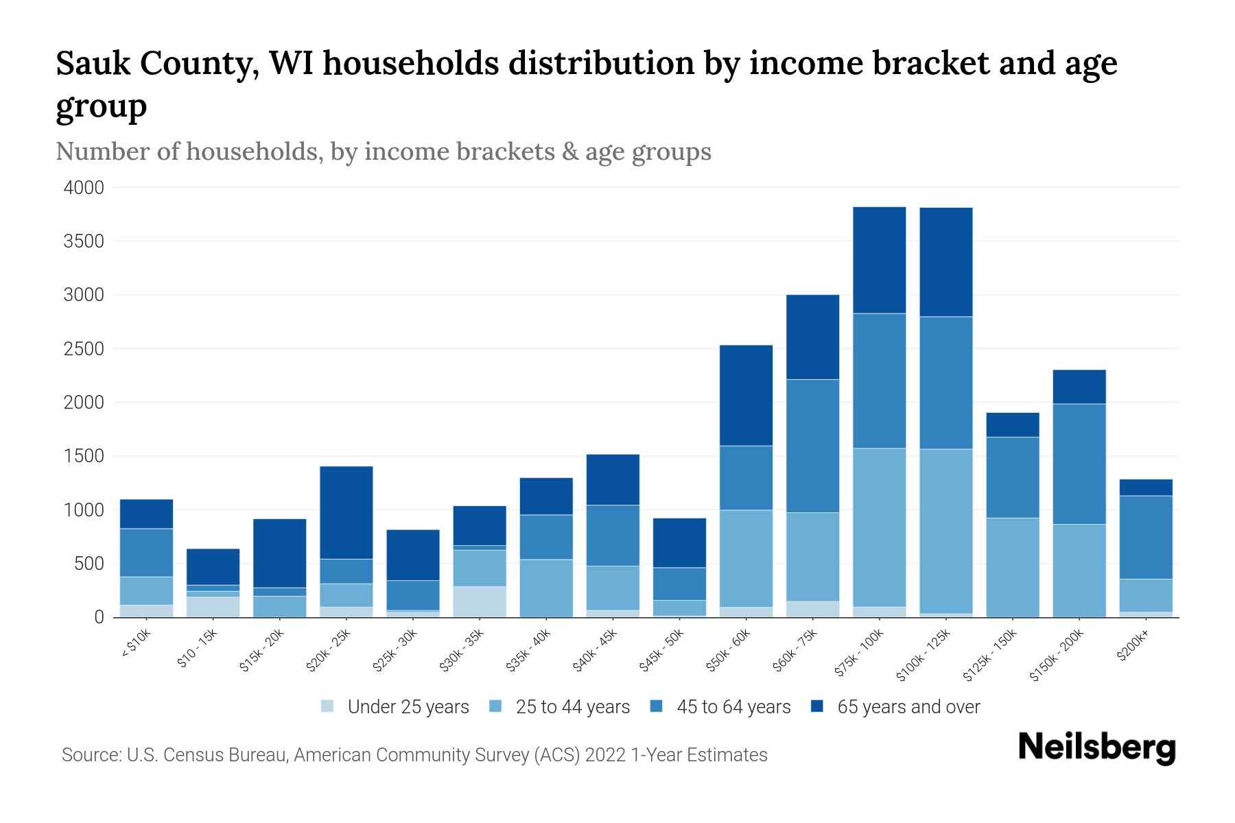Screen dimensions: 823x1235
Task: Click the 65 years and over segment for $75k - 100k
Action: coord(879,260)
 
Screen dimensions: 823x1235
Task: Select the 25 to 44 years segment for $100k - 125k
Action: coord(945,531)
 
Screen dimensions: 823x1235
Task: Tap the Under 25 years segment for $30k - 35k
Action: coord(480,601)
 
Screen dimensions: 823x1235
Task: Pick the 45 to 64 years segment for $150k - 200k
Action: coord(1079,464)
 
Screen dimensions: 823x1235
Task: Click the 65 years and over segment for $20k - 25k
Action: coord(346,512)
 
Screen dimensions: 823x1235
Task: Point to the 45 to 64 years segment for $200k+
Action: coord(1146,537)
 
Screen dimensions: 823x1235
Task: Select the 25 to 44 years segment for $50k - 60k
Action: coord(746,558)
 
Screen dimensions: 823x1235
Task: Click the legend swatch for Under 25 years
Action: coord(328,706)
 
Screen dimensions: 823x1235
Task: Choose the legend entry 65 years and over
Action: coord(908,706)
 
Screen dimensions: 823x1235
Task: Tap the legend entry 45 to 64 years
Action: coord(733,706)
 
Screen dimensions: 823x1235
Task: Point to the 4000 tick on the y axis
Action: coord(83,187)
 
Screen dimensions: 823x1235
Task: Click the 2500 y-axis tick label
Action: coord(83,349)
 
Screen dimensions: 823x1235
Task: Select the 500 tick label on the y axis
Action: coord(89,564)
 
